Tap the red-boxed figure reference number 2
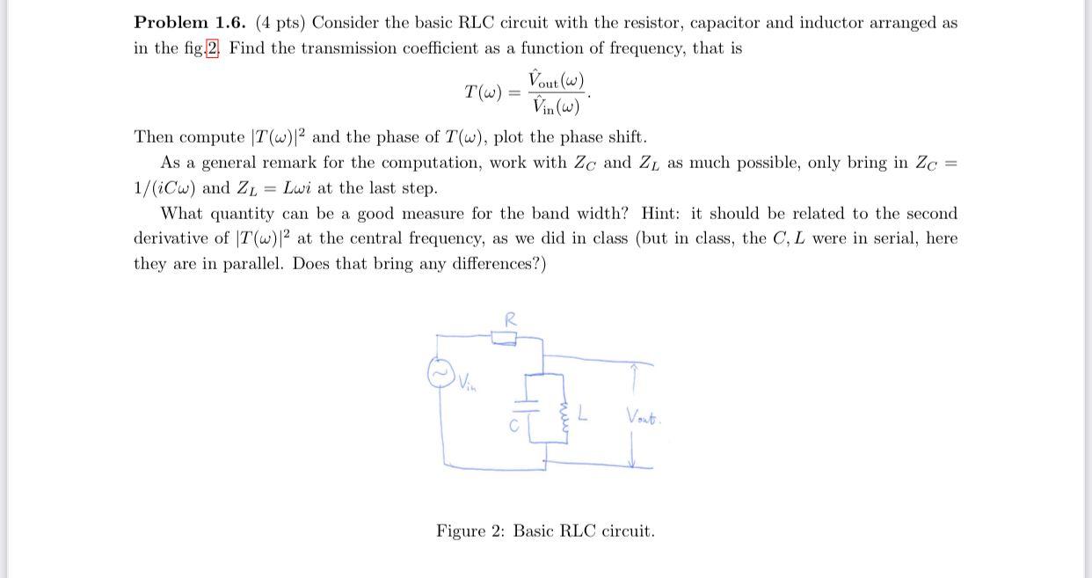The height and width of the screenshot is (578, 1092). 212,48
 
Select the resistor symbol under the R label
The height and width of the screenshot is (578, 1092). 505,338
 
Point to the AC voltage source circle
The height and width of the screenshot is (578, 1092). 441,373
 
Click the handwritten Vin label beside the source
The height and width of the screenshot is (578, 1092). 466,384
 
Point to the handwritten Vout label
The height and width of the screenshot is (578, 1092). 644,416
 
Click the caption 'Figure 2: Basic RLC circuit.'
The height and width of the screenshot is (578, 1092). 545,531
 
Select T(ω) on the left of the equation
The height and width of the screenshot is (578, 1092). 483,91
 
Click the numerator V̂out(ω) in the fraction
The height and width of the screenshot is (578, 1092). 556,80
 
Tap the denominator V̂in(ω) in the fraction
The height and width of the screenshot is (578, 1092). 556,106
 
